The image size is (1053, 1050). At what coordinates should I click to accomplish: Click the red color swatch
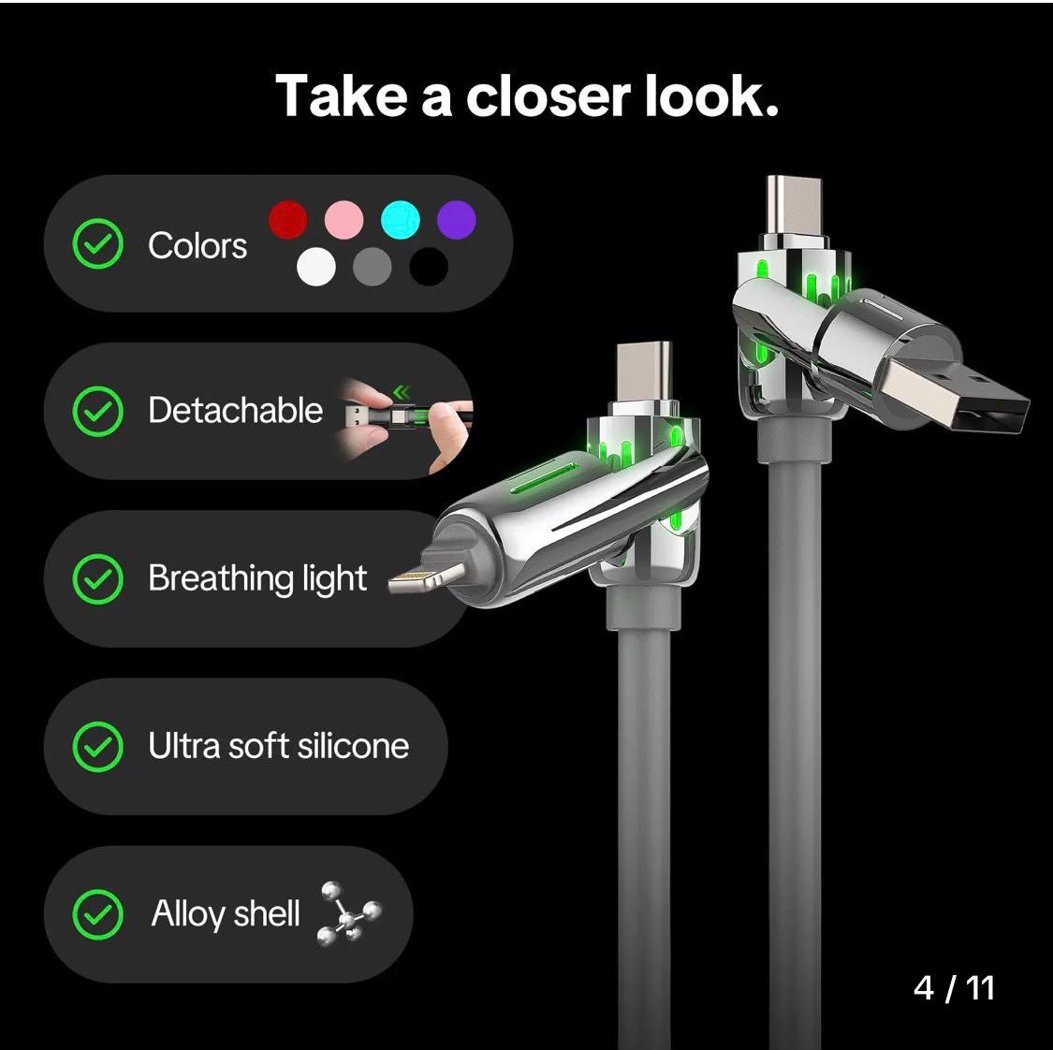point(288,220)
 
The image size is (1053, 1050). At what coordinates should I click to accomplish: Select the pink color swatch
point(344,220)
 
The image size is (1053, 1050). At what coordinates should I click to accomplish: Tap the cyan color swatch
point(401,220)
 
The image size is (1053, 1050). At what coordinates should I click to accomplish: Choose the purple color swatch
point(457,220)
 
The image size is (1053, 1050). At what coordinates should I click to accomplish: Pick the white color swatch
point(316,267)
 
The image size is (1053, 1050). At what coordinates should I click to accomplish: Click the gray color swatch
point(372,267)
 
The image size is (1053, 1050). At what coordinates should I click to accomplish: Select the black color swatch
point(429,267)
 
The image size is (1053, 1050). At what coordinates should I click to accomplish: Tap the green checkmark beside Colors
point(98,243)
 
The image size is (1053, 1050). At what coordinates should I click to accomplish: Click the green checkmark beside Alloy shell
point(98,914)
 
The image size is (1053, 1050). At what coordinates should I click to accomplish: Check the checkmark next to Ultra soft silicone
point(98,747)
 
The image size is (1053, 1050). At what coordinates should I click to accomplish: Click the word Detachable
point(235,410)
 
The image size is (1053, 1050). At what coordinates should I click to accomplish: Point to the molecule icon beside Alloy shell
point(349,913)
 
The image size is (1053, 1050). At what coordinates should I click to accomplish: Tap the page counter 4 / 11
point(954,987)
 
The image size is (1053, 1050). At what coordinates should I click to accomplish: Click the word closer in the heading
point(548,96)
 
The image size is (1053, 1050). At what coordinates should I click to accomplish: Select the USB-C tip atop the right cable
point(794,205)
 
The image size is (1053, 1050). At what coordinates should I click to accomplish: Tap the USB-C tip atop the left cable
point(644,372)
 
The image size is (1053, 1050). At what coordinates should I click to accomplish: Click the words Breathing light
point(258,578)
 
